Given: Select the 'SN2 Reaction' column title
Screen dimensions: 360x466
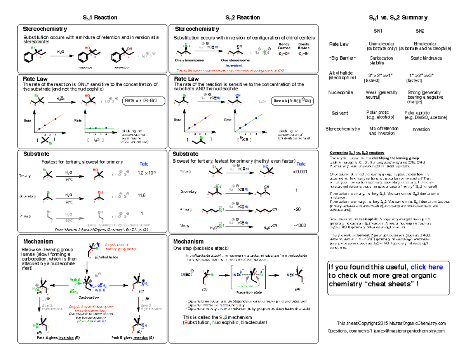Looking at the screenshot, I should tap(243, 17).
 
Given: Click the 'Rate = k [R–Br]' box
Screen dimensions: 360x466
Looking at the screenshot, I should tap(144, 101).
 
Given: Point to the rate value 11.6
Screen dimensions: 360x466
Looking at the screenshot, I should tap(141, 195).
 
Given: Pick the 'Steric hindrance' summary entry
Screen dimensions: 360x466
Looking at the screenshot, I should tap(426, 58).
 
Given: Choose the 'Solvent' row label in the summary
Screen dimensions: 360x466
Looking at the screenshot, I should tap(340, 113).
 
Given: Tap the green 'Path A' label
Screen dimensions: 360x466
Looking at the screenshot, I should tap(75, 279).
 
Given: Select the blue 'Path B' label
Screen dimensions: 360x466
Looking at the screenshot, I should tap(100, 290).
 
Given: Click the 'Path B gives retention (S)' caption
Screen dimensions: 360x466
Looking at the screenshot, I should tap(133, 337).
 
